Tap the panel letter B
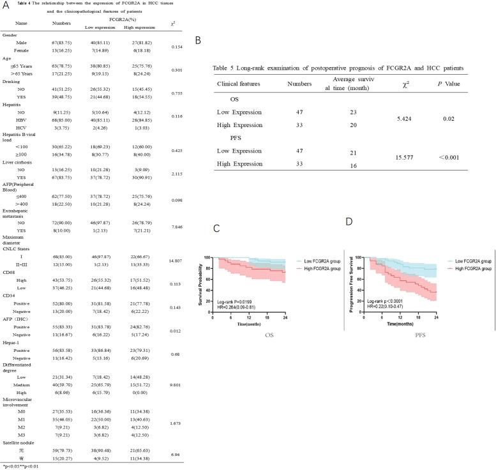click(x=198, y=40)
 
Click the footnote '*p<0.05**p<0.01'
click(x=21, y=466)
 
